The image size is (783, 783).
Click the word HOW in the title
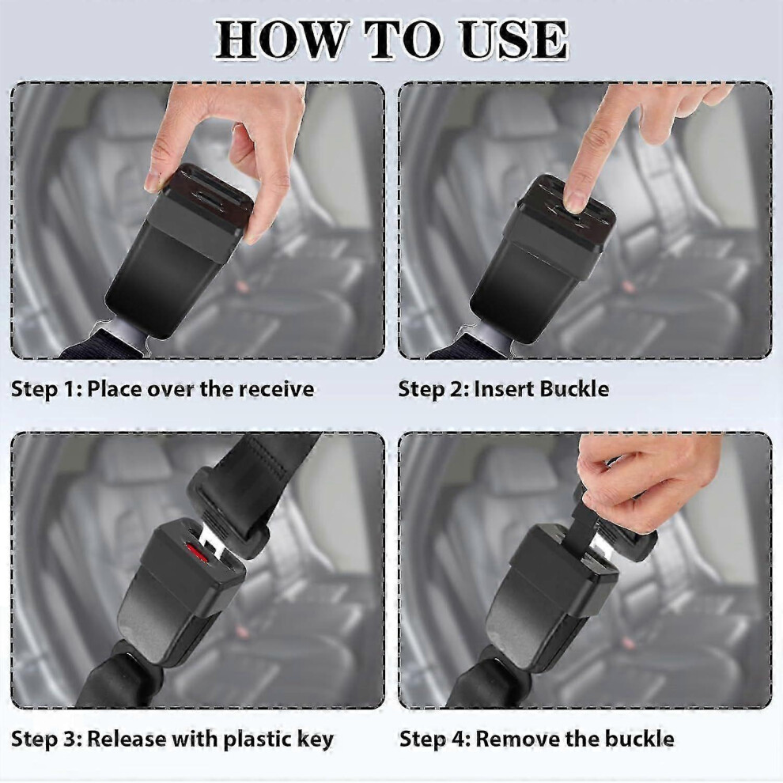click(281, 40)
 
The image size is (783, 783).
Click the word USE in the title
click(514, 40)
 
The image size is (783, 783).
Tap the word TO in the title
click(403, 40)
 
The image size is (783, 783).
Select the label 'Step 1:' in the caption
click(46, 389)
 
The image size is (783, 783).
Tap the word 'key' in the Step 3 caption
click(315, 739)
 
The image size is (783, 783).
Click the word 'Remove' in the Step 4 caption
click(513, 739)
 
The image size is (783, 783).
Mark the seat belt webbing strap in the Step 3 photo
click(259, 479)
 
